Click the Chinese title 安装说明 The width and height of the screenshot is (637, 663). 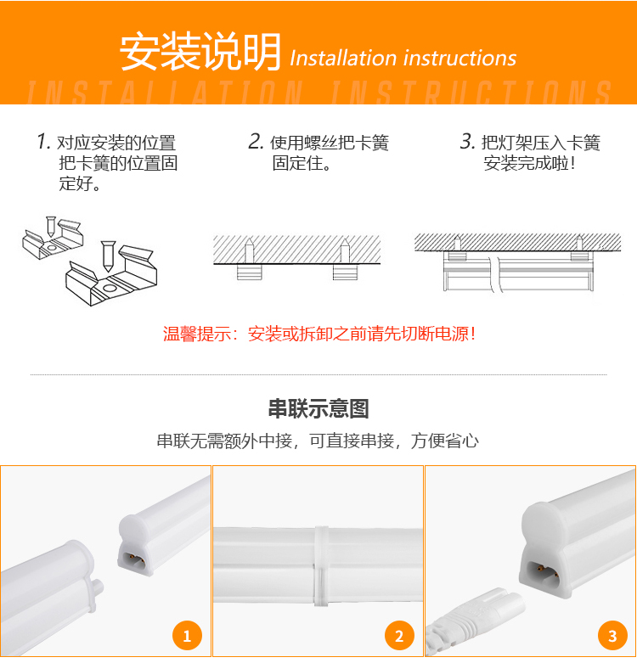pos(200,52)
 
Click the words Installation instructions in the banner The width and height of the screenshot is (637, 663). pos(403,58)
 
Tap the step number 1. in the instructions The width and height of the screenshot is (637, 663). pos(43,141)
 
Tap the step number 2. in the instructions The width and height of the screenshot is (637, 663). pos(256,141)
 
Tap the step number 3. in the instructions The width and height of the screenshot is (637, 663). pos(468,141)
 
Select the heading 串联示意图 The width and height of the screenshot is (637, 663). pos(318,408)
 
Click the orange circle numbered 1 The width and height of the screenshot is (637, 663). pos(187,636)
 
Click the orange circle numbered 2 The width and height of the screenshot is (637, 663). pos(399,636)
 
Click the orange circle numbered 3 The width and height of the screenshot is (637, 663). pos(612,636)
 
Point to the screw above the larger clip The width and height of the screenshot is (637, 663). pos(108,256)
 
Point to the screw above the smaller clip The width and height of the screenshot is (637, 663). pos(51,226)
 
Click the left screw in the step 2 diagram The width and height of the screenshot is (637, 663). pos(249,250)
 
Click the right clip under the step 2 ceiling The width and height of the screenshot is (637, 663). pos(345,273)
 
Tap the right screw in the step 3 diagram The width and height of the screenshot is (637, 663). pos(579,243)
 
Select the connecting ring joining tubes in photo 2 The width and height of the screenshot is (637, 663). pos(321,566)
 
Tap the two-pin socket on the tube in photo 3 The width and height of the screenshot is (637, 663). pos(543,574)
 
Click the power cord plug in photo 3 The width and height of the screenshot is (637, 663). pos(474,621)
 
